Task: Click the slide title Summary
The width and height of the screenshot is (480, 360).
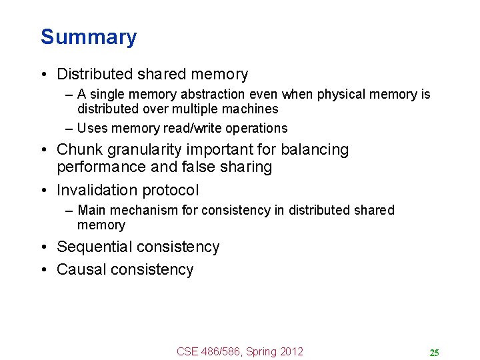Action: click(x=89, y=37)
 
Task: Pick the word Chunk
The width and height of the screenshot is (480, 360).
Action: click(x=79, y=149)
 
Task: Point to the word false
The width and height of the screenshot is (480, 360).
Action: click(x=195, y=167)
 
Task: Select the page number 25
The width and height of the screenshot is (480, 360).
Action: click(x=434, y=353)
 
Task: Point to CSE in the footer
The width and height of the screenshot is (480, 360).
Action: click(x=188, y=351)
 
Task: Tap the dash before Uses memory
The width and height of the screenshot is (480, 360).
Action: click(x=69, y=128)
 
